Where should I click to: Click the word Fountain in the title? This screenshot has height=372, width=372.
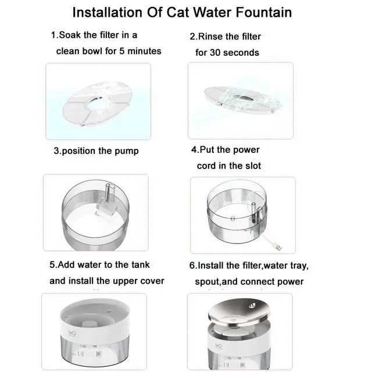[x=263, y=12]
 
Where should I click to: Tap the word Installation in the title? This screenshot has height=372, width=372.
[x=107, y=12]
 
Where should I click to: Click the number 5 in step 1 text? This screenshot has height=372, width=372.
[x=121, y=51]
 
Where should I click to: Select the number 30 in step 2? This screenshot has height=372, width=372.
[x=214, y=53]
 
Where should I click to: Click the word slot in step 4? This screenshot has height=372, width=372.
[x=253, y=166]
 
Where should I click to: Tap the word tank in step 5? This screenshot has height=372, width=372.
[x=141, y=265]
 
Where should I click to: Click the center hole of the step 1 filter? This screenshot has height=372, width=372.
[x=96, y=102]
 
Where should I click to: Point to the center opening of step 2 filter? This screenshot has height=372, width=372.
[x=244, y=98]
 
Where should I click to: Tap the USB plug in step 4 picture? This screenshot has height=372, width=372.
[x=279, y=248]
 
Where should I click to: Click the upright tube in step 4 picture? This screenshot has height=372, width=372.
[x=253, y=213]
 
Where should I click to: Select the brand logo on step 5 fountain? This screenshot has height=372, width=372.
[x=72, y=333]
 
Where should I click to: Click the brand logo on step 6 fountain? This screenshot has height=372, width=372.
[x=219, y=345]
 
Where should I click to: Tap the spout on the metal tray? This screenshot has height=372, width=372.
[x=252, y=305]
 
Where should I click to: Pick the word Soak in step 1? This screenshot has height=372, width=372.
[x=70, y=35]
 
